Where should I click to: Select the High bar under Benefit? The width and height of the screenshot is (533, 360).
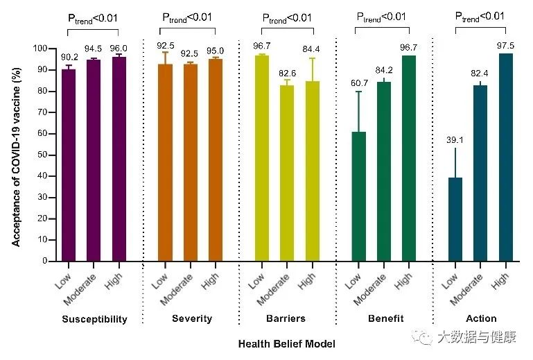tap(409, 158)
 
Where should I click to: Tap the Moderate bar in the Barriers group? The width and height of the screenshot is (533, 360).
tap(287, 173)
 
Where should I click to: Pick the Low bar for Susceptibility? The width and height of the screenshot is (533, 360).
tap(69, 165)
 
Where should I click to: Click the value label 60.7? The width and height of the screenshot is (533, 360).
tap(358, 83)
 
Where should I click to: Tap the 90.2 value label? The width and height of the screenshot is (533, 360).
tap(69, 57)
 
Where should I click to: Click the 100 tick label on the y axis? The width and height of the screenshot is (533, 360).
tap(40, 49)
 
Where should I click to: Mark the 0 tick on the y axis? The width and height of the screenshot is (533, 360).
tap(44, 261)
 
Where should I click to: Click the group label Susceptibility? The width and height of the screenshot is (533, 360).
tap(94, 319)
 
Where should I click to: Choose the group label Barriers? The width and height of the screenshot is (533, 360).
tap(287, 319)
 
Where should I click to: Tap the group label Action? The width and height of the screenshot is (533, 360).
tap(481, 319)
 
